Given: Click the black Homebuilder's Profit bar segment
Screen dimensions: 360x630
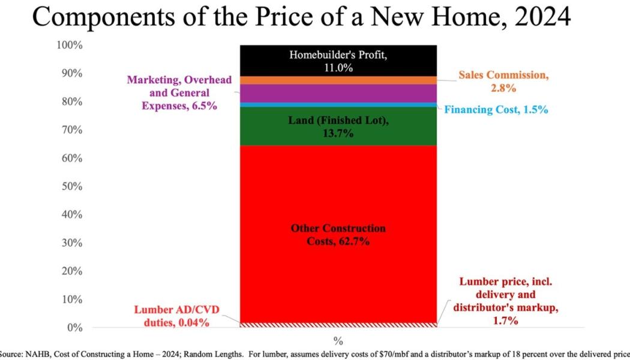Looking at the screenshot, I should click(338, 61).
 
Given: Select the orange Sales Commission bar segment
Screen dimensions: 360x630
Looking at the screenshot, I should click(338, 80).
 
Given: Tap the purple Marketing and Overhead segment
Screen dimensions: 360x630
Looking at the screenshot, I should click(338, 93).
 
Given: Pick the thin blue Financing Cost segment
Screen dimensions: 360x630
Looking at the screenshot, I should click(338, 105).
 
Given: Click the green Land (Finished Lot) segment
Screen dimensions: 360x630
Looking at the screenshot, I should click(338, 127).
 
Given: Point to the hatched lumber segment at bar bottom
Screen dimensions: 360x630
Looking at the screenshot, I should click(338, 325).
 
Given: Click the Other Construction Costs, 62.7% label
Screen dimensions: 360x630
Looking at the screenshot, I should click(338, 235).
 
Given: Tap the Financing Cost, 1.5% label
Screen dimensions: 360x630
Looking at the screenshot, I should click(496, 110).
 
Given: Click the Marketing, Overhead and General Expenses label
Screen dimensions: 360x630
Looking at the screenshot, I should click(179, 93).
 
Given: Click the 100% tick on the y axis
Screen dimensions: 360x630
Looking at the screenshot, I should click(71, 46).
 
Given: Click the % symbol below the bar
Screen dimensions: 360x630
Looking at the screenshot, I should click(338, 341).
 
